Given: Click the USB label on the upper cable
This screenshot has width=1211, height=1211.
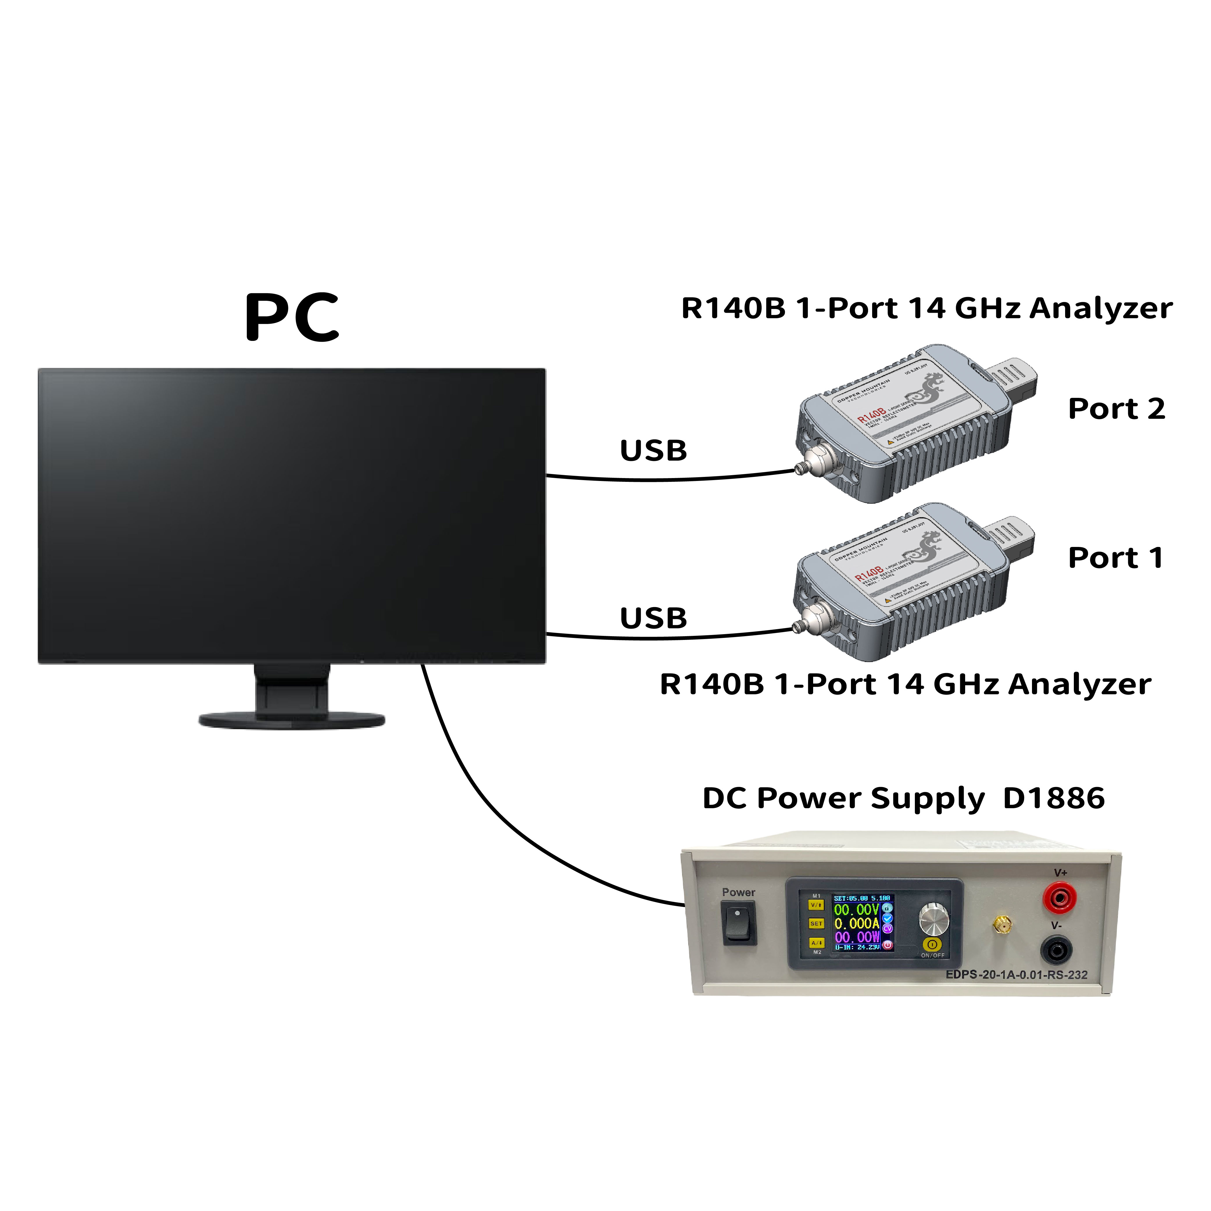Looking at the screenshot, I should pos(653,451).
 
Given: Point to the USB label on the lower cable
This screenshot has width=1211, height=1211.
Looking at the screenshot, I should pos(653,618).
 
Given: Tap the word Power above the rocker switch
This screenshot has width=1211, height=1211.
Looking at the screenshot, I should pos(738,892).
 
